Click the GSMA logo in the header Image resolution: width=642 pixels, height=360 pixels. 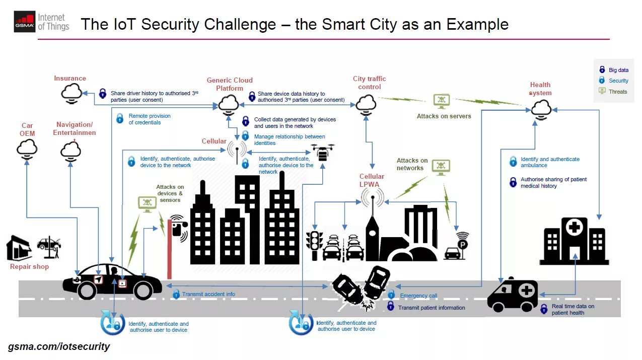pos(25,22)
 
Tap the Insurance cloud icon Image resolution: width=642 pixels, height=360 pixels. pos(72,93)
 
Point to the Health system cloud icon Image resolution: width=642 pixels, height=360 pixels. pos(541,108)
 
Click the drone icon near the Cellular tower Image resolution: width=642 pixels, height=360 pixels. pos(323,152)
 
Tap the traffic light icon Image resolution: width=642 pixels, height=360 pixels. pos(314,245)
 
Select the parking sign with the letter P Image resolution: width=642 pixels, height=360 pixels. pos(462,244)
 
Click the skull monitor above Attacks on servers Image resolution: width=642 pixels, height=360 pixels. pos(442,100)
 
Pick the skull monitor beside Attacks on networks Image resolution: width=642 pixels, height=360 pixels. pos(441,167)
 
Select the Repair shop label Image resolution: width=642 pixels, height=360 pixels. pos(29,266)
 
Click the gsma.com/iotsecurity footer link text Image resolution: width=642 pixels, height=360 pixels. pos(59,346)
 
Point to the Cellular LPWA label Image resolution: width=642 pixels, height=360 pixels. pos(372,180)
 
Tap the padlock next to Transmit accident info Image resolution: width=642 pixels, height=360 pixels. pos(176,294)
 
